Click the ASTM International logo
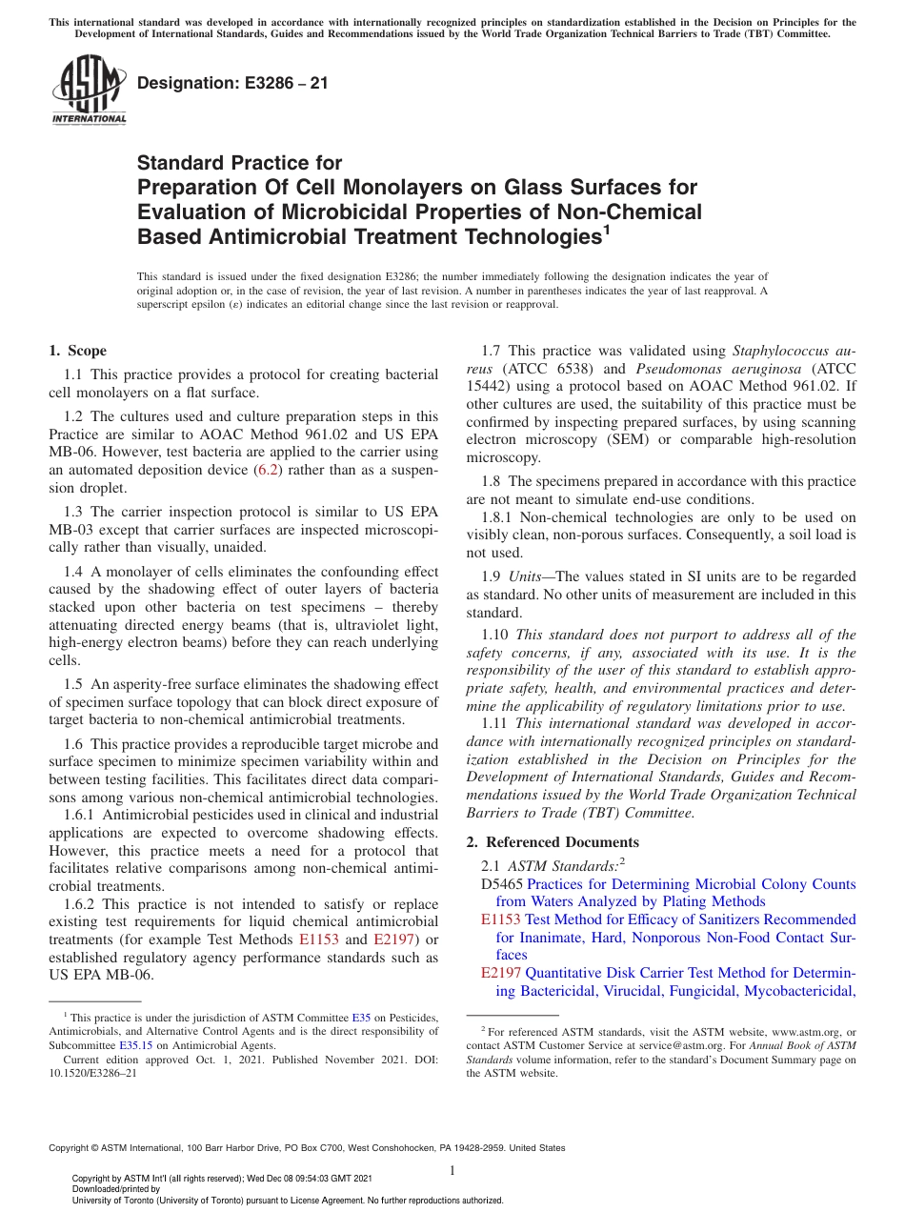(88, 90)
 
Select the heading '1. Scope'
(77, 351)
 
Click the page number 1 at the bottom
(452, 1170)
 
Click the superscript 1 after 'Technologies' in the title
(601, 229)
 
